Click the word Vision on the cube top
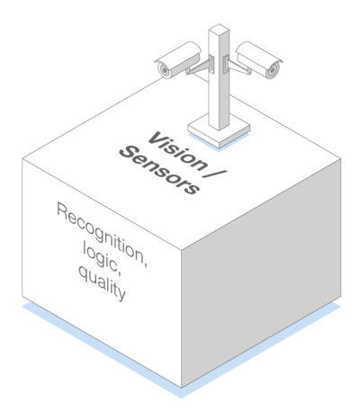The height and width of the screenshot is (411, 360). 176,152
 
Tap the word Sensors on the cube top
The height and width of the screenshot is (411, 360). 159,170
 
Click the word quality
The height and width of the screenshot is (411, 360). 102,283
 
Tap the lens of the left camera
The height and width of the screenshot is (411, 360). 164,70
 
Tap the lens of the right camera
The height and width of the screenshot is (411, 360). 273,70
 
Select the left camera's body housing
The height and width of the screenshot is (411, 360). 179,59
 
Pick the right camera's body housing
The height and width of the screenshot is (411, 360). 259,59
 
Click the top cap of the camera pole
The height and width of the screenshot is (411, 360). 219,30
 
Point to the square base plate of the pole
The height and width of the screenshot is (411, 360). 219,131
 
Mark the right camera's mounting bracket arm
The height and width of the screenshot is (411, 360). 238,67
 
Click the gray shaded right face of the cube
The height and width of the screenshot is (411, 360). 261,273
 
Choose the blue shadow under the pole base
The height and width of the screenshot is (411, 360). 219,143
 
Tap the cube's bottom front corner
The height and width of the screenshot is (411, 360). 181,388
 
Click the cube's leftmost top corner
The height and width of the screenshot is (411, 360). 22,159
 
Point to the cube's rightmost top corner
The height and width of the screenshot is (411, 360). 341,159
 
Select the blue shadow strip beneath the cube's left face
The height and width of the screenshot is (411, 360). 102,351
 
